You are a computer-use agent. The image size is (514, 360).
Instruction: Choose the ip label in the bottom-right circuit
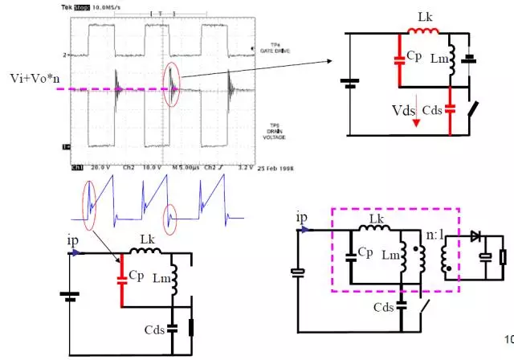[302, 218]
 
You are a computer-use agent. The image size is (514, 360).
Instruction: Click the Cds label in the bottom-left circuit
[154, 329]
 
